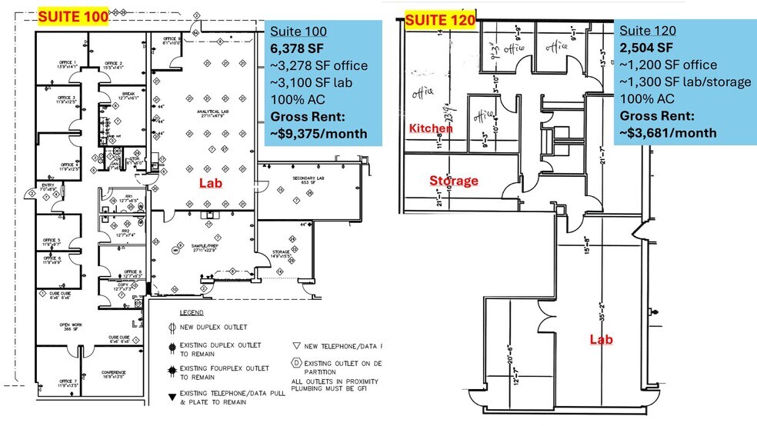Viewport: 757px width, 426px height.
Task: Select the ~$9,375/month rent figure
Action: [316, 133]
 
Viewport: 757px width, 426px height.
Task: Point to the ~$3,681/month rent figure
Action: [669, 132]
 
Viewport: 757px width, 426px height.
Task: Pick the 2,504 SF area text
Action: [648, 48]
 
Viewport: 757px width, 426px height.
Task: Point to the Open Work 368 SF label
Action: [71, 328]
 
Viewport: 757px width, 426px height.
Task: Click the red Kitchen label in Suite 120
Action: [430, 128]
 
